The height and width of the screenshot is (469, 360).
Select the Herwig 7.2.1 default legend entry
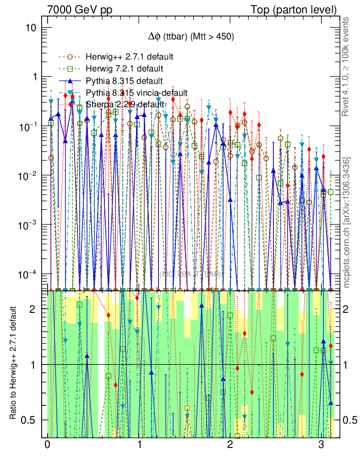(x=125, y=69)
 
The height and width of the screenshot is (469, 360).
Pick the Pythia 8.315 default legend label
(x=124, y=81)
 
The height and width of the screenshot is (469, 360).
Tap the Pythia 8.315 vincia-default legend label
(x=136, y=93)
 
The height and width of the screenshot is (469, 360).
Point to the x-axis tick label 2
(x=230, y=446)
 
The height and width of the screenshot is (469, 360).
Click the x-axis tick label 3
(x=322, y=446)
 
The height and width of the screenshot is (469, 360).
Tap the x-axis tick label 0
(x=47, y=446)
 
